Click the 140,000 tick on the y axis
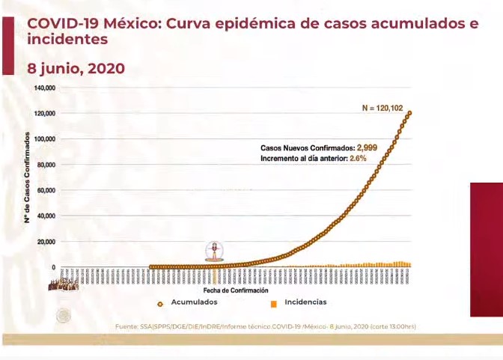click(x=45, y=88)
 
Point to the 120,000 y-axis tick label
click(x=45, y=113)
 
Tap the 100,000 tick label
click(x=45, y=139)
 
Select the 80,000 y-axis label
click(x=46, y=165)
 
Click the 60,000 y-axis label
click(x=46, y=190)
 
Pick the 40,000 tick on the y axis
click(x=46, y=216)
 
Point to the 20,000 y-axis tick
click(x=46, y=242)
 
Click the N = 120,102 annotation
click(x=382, y=109)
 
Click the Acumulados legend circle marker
click(x=160, y=303)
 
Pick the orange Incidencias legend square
click(x=274, y=303)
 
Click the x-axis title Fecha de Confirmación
click(x=236, y=290)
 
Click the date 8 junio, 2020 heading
click(x=76, y=69)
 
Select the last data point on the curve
click(x=410, y=113)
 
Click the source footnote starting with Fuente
click(x=266, y=326)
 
